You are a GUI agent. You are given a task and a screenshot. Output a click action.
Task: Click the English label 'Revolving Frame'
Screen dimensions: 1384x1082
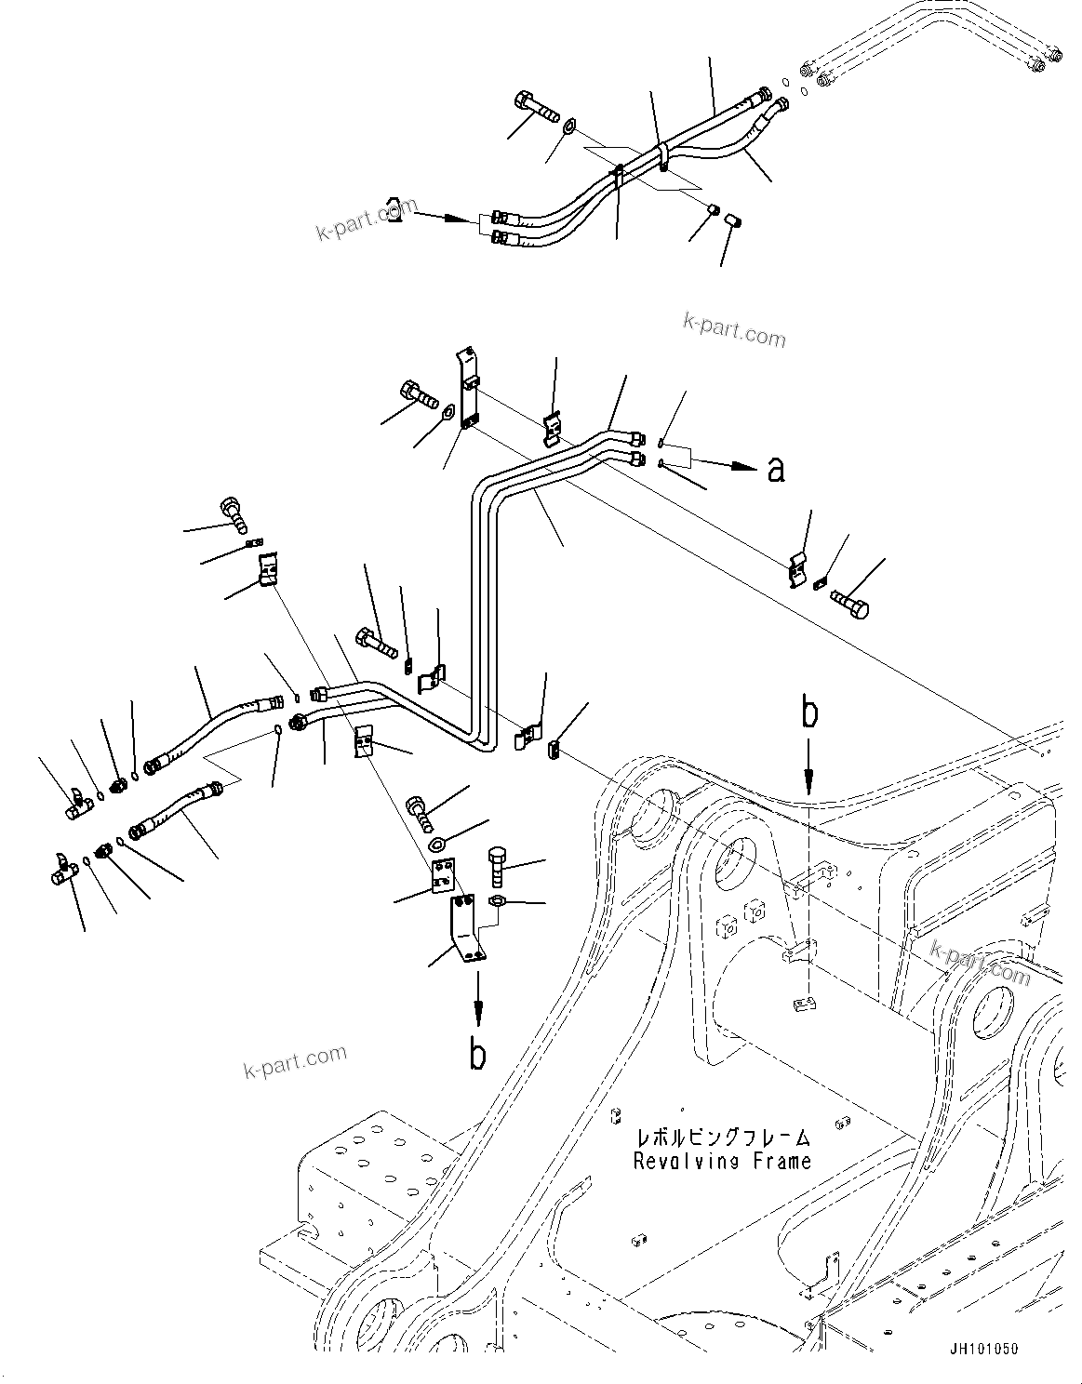pos(722,1161)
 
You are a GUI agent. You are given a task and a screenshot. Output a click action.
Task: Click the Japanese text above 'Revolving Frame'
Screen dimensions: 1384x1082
pos(722,1138)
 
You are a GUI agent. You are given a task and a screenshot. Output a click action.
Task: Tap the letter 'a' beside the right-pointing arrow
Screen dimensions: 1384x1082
pos(775,470)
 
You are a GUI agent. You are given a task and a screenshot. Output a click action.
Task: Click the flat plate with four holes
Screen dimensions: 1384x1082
pos(441,875)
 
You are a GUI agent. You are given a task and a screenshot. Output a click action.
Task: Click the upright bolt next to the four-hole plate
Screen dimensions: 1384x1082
pos(496,867)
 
